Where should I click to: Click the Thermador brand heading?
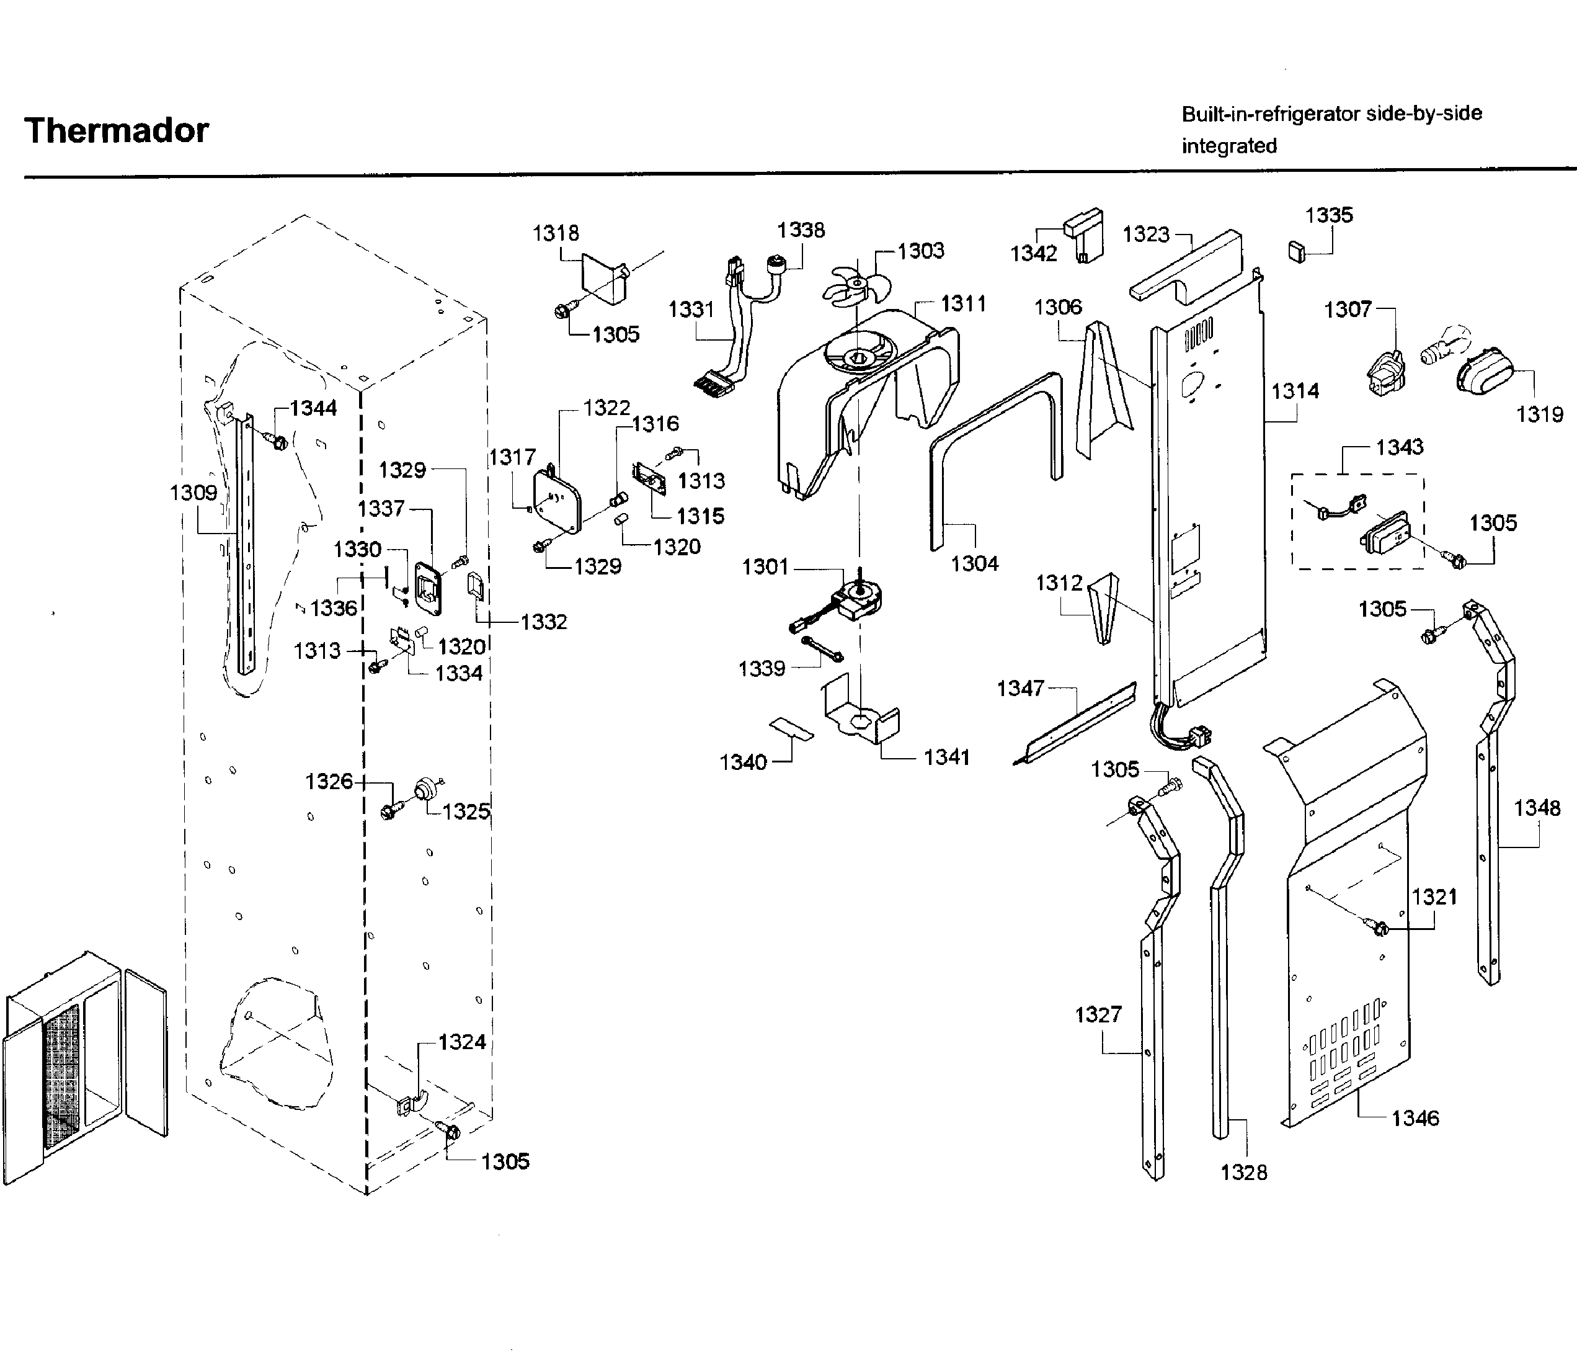116,130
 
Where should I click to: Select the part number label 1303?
920,251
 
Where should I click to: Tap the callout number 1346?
1415,1119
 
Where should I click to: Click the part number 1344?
313,408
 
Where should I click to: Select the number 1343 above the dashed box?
1399,447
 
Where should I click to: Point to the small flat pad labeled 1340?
791,728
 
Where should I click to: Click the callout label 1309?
193,493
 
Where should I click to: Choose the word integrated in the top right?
1228,146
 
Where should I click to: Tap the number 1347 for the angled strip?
1020,689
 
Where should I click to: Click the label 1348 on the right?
1537,808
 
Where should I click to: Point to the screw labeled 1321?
1379,928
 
